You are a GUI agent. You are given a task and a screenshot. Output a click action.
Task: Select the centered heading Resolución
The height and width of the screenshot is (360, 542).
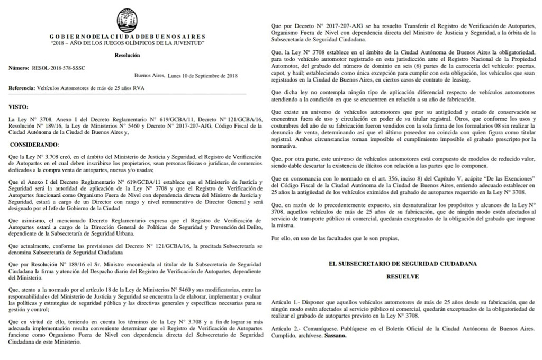point(128,55)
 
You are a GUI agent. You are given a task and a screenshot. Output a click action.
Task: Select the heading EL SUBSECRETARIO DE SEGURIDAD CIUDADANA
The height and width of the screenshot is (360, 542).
point(403,263)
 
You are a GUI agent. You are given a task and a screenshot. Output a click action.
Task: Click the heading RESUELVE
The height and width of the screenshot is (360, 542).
point(403,276)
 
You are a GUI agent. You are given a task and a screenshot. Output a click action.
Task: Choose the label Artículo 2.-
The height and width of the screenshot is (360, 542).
point(284,329)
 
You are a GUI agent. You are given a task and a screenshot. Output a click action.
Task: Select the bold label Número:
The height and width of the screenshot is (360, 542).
point(19,69)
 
